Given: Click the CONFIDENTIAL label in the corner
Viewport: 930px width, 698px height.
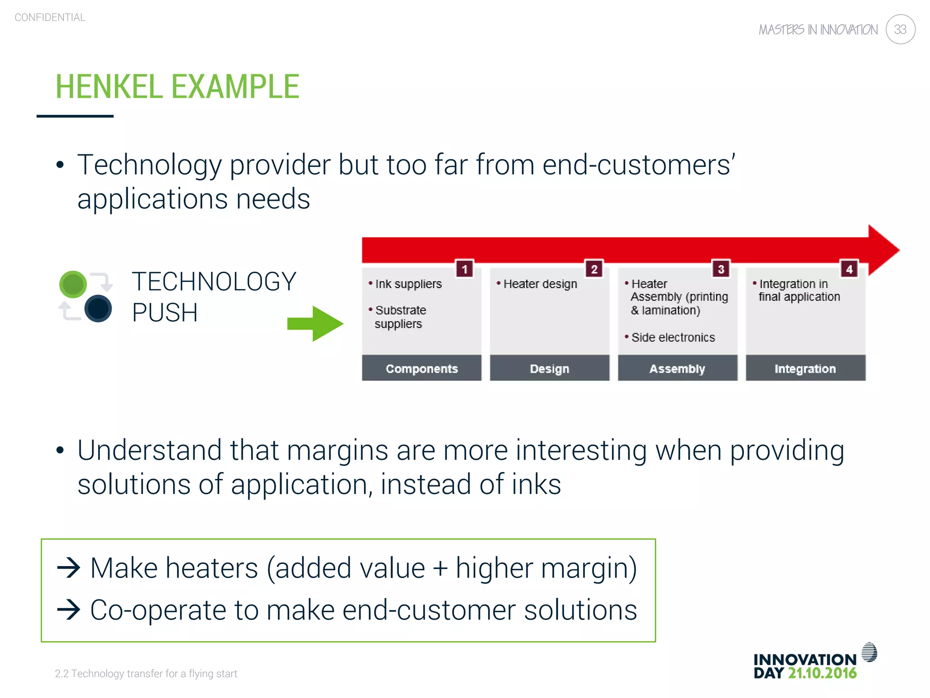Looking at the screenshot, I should point(50,17).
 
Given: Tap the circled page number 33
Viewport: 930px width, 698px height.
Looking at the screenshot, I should point(900,30).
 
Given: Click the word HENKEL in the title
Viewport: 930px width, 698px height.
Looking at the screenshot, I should point(109,87).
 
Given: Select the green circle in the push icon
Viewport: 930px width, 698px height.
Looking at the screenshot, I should point(73,284).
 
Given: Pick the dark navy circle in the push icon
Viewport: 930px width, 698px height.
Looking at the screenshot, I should point(98,309).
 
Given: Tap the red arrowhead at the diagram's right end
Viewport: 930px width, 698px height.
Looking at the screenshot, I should point(883,250).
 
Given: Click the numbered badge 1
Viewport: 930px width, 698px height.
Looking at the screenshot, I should point(465,269).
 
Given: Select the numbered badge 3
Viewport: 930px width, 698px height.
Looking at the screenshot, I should point(721,269).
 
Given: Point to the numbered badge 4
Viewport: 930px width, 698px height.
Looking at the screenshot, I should point(849,269).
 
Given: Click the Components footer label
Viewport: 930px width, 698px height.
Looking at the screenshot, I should point(421,369).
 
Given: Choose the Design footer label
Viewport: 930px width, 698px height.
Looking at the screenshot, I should point(549,369).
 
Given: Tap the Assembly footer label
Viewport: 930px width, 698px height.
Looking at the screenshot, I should point(677,369).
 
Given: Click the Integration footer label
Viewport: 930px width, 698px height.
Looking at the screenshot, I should point(805,369).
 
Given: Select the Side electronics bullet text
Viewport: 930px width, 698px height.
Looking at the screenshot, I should point(673,337).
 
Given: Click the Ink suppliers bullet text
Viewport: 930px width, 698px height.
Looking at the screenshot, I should point(408,284).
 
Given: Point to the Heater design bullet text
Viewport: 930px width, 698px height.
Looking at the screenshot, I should point(540,284).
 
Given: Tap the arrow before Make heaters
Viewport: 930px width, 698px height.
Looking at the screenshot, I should point(69,568).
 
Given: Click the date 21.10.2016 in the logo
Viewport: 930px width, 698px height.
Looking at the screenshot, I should point(822,673).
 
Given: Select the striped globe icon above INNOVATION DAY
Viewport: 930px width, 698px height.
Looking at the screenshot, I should point(869,653).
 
